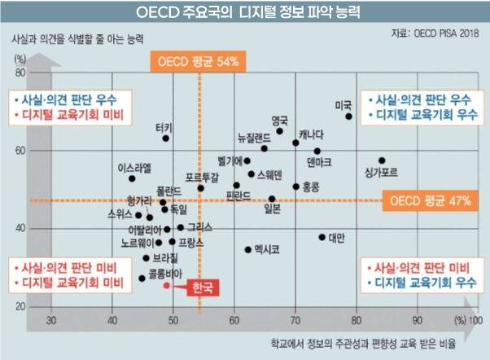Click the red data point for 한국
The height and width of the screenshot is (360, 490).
tap(166, 285)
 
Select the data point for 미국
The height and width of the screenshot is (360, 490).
tap(348, 116)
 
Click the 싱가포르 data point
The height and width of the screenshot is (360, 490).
tap(382, 160)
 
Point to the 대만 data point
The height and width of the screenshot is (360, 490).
tap(322, 237)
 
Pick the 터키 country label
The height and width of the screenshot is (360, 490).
tap(164, 128)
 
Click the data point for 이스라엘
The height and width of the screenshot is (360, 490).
tap(132, 178)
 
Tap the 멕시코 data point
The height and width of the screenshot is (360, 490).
tap(248, 250)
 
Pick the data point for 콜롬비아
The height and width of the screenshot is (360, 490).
tap(142, 278)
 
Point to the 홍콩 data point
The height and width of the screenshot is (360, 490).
tap(295, 187)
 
